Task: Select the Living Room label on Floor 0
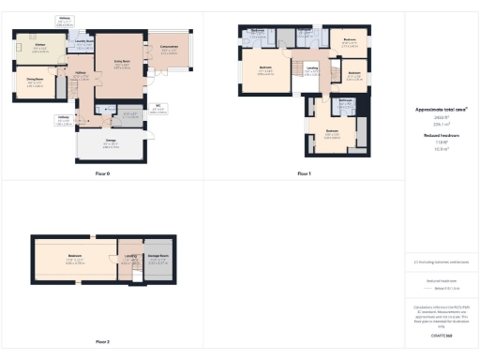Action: click(121, 63)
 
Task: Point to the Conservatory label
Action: click(169, 49)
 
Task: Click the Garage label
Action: click(110, 142)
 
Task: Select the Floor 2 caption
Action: click(102, 341)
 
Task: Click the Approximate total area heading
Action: click(441, 109)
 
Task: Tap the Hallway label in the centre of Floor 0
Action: click(82, 76)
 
